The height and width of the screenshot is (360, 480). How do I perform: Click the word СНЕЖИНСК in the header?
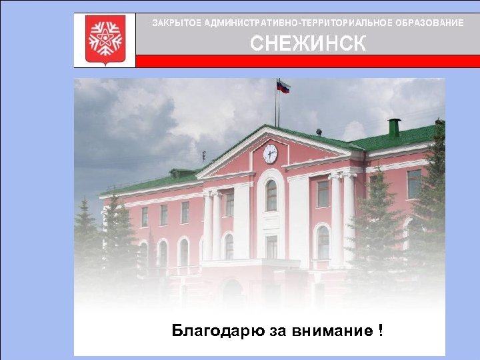(x=307, y=44)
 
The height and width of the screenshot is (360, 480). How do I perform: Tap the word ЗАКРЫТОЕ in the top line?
(x=177, y=23)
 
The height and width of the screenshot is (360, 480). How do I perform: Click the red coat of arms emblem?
(x=105, y=40)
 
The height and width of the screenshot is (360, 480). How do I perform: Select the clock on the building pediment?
(x=270, y=154)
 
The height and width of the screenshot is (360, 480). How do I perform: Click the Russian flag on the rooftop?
(x=284, y=87)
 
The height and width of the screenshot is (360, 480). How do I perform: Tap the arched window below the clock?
(x=271, y=195)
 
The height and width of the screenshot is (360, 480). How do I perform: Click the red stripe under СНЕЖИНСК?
(x=307, y=61)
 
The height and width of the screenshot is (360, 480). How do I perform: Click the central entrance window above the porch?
(x=271, y=247)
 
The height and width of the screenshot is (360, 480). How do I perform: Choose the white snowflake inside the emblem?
(x=105, y=39)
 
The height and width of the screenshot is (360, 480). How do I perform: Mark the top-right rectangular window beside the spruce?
(x=414, y=183)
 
